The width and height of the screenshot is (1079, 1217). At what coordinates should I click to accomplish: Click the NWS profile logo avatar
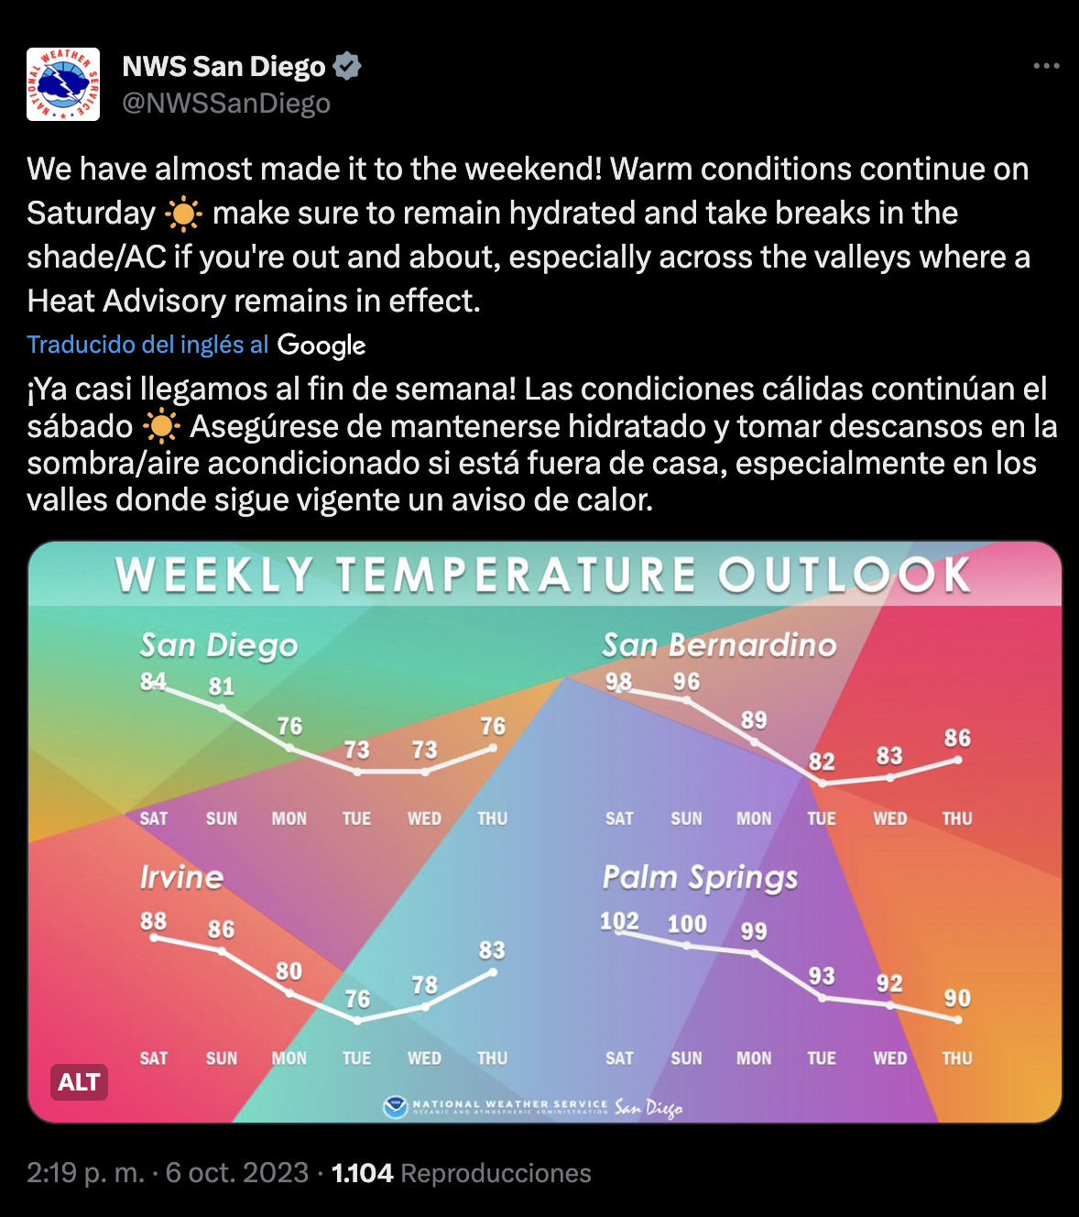63,84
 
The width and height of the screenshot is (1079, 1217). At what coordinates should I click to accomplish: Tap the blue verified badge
347,66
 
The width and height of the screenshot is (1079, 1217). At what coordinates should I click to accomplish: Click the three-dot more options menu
1046,65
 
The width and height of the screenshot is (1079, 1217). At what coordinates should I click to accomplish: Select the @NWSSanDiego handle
226,104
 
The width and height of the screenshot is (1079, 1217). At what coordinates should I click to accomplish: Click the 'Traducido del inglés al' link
147,345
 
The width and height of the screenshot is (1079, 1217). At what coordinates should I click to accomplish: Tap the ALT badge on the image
79,1082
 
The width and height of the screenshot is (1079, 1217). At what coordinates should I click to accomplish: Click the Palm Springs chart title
700,879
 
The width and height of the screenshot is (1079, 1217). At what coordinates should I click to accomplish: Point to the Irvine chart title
182,877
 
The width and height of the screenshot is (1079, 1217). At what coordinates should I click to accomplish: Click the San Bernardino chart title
719,645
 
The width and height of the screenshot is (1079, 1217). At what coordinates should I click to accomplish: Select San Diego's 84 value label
153,681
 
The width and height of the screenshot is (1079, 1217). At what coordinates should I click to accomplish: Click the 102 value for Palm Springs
619,922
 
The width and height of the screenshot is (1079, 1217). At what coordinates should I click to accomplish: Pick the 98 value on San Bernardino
618,681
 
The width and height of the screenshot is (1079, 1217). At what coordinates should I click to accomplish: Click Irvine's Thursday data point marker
493,972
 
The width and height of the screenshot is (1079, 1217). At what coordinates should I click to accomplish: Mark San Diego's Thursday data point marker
493,749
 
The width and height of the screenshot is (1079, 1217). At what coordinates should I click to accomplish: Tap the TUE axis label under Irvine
356,1058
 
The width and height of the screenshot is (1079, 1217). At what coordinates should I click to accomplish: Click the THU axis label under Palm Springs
957,1058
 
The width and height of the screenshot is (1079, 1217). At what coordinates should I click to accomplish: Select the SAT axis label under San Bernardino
619,818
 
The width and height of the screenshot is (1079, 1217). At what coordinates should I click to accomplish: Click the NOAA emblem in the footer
395,1108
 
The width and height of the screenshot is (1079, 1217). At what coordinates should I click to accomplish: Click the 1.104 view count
363,1173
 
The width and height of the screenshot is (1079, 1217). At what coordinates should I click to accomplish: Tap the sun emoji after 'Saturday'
183,214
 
